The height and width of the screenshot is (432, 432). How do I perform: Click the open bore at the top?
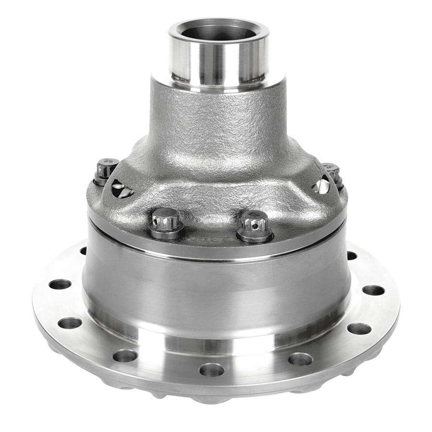[218, 32]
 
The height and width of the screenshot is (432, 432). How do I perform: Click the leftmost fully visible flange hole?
[60, 284]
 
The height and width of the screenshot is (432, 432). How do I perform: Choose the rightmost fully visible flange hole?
[373, 290]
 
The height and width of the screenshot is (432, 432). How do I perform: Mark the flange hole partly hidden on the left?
[84, 251]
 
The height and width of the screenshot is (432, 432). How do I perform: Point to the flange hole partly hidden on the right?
[351, 255]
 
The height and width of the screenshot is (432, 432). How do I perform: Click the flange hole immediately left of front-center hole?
[125, 356]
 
